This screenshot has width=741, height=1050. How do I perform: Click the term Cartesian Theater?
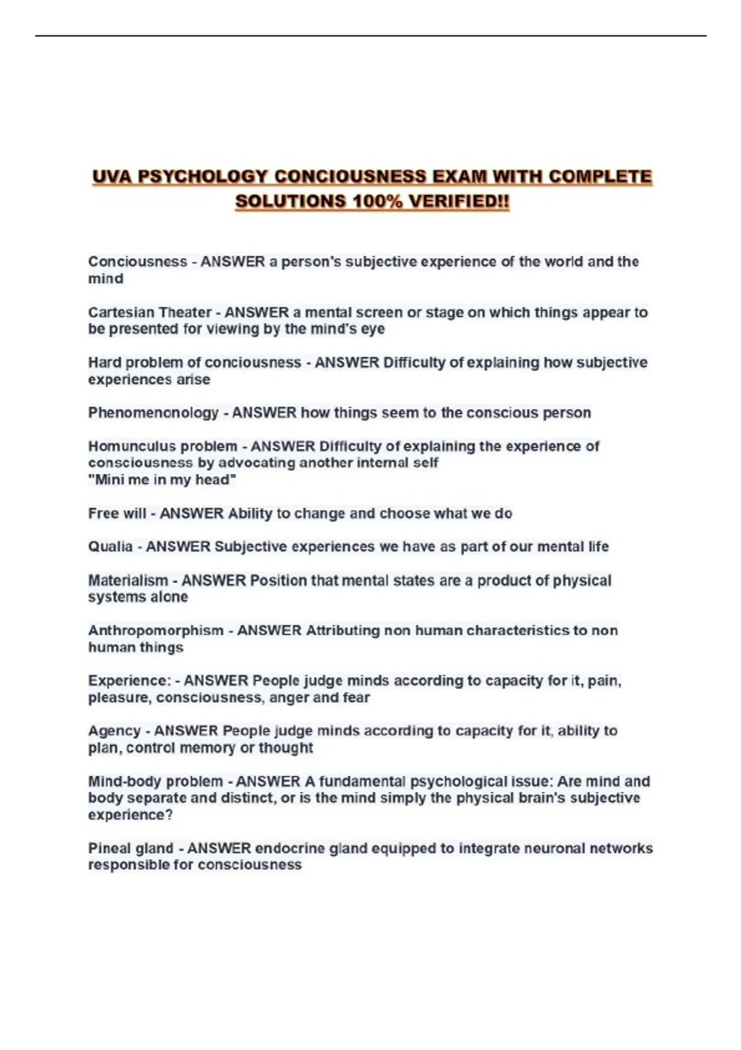pos(149,313)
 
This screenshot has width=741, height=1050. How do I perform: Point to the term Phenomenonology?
pos(153,413)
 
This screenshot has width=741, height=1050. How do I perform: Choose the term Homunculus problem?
pos(162,446)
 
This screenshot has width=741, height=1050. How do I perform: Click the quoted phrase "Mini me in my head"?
pos(162,480)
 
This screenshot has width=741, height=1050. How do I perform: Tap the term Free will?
pos(117,513)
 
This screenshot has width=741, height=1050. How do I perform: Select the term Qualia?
pos(110,547)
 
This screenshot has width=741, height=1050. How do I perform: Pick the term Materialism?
pos(128,581)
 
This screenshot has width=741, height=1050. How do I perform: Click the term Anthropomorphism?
pos(156,631)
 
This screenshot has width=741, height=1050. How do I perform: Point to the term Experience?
pos(129,681)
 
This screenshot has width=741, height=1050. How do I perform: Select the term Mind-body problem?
pos(155,781)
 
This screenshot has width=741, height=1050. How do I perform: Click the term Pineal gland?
pos(130,849)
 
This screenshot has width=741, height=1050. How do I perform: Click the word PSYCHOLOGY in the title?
pos(201,177)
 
